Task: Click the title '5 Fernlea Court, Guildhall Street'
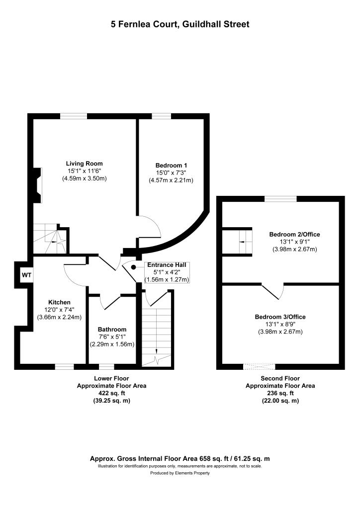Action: [180, 24]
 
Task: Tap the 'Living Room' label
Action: [85, 164]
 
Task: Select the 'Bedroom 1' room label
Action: [171, 165]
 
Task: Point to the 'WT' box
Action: [25, 274]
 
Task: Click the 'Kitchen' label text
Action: [59, 302]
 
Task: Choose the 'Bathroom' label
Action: [112, 330]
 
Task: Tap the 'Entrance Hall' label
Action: [167, 265]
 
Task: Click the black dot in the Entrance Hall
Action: [134, 267]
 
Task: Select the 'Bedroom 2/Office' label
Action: [294, 235]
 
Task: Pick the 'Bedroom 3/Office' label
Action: [280, 317]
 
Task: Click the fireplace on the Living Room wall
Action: [37, 185]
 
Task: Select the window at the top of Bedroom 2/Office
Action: [280, 199]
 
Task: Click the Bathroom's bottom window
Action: [106, 367]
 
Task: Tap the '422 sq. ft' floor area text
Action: [111, 393]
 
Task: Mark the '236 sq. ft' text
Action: [280, 393]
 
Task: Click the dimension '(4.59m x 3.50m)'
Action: [85, 178]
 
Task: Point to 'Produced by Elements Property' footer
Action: [180, 473]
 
